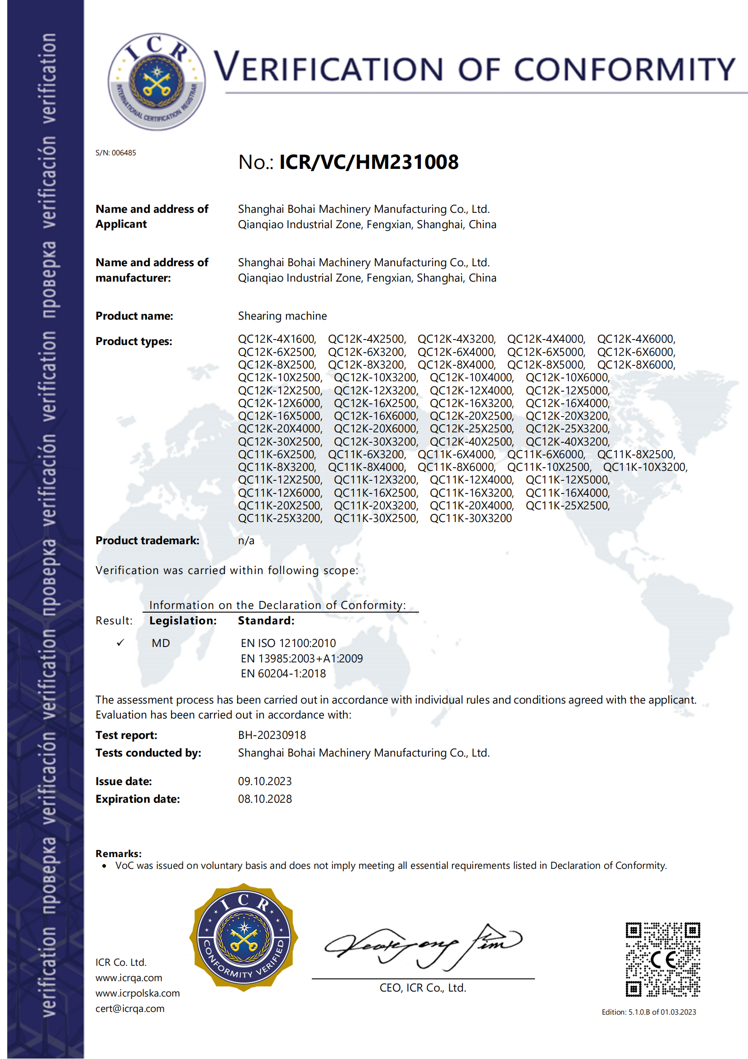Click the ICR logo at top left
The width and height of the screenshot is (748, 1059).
pos(157,81)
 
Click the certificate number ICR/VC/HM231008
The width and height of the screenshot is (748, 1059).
pos(369,163)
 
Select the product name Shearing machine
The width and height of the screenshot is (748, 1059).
pos(282,316)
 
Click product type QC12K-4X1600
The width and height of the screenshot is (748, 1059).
pos(276,339)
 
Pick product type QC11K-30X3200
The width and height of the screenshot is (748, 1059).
pos(471,518)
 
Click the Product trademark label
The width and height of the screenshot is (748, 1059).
pos(148,541)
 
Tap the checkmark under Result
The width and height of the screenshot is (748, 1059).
pos(121,643)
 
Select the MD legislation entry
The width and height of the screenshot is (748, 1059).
pos(161,643)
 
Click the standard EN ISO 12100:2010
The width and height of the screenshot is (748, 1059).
pos(288,643)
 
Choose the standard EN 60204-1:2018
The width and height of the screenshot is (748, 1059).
pos(283,674)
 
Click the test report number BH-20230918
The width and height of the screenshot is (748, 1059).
pos(272,735)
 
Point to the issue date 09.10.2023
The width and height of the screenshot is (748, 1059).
pos(265,781)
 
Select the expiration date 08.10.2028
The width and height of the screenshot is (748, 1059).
pos(265,799)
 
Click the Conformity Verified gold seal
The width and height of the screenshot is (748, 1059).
pos(243,938)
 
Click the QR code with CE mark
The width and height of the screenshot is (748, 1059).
pos(662,959)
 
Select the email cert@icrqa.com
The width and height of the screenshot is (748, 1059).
pos(130,1009)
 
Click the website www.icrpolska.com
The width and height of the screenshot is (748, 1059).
pos(138,993)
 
